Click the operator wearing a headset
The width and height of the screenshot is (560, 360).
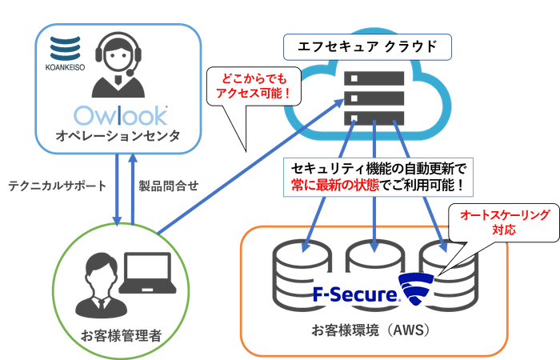click(118, 68)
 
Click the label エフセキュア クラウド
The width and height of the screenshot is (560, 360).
click(366, 46)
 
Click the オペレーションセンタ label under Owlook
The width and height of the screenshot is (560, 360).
click(118, 138)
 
